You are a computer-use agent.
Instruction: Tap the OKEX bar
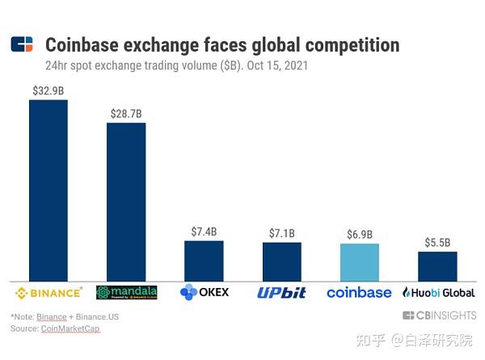[x=204, y=260]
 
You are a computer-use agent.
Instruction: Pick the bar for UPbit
[x=281, y=261]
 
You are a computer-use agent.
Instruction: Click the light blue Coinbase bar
[x=359, y=262]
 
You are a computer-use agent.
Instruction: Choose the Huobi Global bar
[x=437, y=266]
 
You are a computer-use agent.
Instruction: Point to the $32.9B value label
[x=48, y=91]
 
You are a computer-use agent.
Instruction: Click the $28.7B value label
[x=126, y=114]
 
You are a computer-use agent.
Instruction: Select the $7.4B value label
[x=204, y=231]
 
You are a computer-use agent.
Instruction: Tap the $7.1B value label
[x=281, y=233]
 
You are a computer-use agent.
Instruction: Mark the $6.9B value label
[x=359, y=235]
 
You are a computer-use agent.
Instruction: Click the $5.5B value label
[x=437, y=243]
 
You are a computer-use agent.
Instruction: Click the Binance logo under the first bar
[x=48, y=292]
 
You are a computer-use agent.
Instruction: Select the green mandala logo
[x=126, y=292]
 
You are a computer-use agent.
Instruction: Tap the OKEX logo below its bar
[x=205, y=292]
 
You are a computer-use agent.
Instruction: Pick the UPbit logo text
[x=281, y=292]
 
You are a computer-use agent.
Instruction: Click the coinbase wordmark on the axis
[x=359, y=292]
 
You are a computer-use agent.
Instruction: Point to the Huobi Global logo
[x=438, y=292]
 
